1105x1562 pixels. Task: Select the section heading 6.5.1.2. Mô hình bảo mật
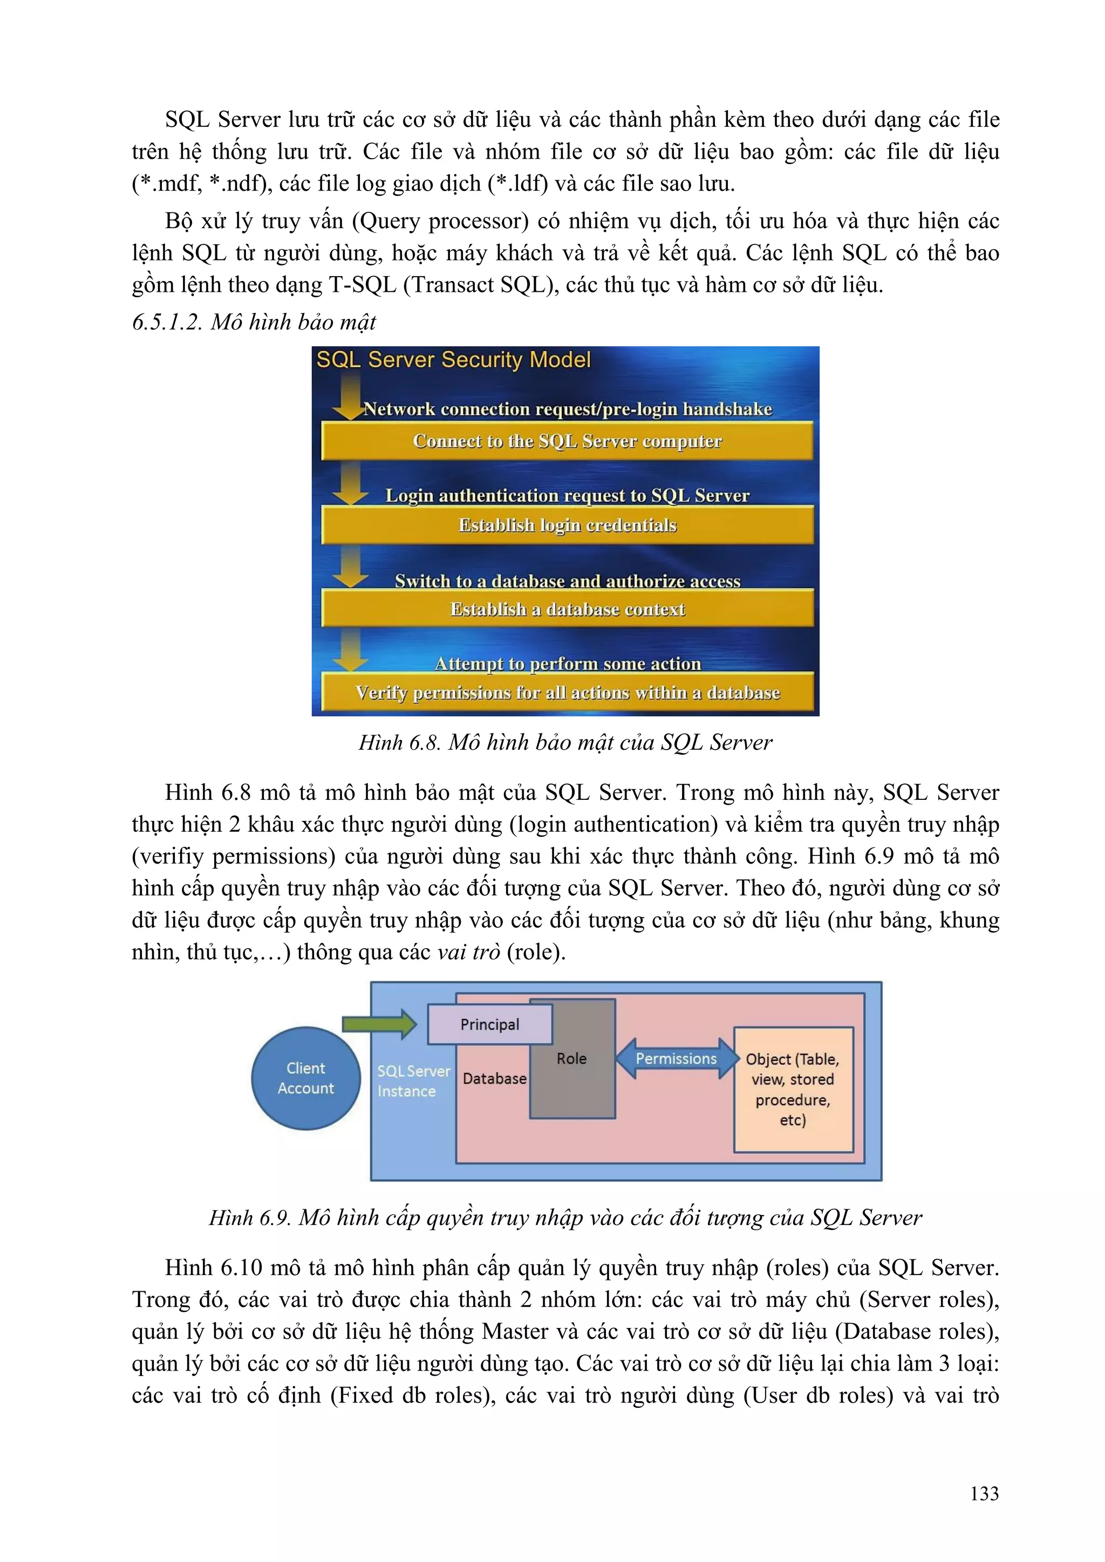pyautogui.click(x=254, y=322)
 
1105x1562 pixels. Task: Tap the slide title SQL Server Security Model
pyautogui.click(x=453, y=359)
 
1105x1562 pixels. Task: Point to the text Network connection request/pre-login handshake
pyautogui.click(x=568, y=409)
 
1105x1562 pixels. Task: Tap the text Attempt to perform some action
pyautogui.click(x=568, y=663)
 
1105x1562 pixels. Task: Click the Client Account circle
pyautogui.click(x=305, y=1078)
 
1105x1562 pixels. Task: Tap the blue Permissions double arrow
pyautogui.click(x=677, y=1059)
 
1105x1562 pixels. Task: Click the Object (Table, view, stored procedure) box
pyautogui.click(x=793, y=1089)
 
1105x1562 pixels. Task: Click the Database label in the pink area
pyautogui.click(x=494, y=1079)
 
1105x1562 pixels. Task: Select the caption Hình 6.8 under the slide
pyautogui.click(x=565, y=742)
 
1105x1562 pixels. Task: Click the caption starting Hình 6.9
pyautogui.click(x=565, y=1217)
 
